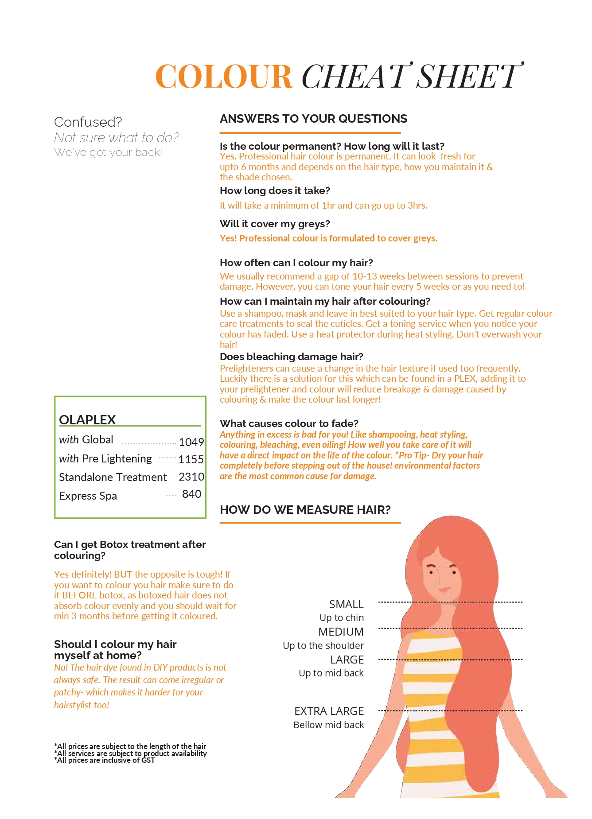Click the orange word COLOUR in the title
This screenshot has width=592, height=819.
224,76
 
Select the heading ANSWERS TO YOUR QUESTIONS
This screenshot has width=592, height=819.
313,119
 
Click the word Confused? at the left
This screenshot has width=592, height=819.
88,122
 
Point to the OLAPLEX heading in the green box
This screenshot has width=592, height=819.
87,419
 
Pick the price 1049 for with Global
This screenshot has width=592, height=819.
191,442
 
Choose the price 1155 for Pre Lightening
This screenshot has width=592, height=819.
191,459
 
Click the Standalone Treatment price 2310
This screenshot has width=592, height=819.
191,477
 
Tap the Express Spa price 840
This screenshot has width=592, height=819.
191,494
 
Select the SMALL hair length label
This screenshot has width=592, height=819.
346,604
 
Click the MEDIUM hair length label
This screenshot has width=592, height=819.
341,632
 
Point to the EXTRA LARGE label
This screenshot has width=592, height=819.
329,711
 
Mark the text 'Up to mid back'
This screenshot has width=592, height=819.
331,673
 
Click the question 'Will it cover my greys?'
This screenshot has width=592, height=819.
275,224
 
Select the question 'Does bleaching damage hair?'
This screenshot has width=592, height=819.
291,357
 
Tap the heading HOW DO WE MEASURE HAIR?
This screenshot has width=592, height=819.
305,509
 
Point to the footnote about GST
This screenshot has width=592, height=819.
105,760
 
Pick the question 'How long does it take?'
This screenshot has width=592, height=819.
275,190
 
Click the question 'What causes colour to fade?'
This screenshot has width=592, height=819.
289,423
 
